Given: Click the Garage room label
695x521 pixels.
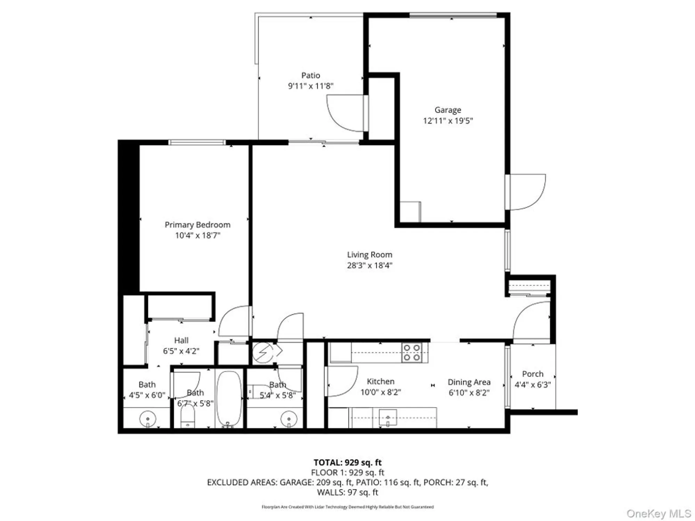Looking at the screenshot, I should coord(448,110).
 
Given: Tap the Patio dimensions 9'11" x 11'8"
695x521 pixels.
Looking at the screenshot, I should coord(310,86).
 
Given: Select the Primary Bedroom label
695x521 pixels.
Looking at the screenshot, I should coord(197,225).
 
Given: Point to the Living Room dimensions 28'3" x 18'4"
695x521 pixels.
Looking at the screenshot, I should coord(369,265).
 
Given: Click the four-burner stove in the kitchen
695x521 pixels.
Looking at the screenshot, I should coord(412,353).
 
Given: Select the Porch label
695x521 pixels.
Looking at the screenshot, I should coord(532,374).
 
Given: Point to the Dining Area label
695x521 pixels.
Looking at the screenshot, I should coord(469,382).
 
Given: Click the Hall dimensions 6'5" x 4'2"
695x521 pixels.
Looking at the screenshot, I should coord(181,351).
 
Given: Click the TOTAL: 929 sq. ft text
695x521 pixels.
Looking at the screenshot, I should coord(347,462).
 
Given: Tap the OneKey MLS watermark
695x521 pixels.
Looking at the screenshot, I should coord(658,513).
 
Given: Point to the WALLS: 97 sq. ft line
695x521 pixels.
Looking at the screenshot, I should coord(347,492).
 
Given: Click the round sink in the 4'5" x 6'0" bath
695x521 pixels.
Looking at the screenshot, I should coord(148,419).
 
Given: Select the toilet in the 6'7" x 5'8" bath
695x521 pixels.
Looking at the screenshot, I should coord(188,417).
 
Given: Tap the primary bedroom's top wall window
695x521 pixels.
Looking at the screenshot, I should coord(197,142).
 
